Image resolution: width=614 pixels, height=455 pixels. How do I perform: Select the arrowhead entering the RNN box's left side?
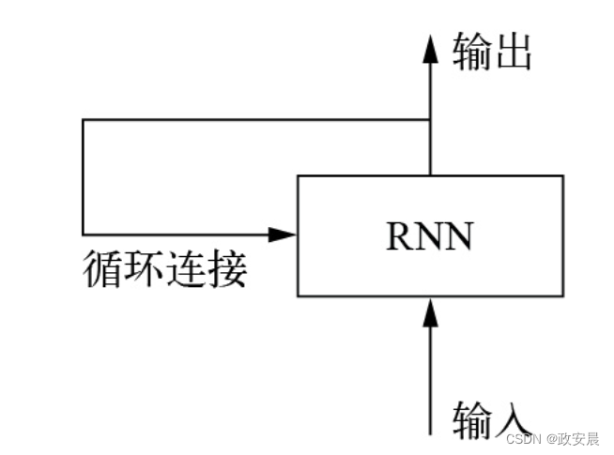tap(283, 234)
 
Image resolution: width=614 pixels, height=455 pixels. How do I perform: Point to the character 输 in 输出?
tap(472, 53)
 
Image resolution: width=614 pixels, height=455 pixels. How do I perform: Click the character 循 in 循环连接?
tap(103, 269)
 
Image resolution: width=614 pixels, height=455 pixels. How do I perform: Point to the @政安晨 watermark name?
tap(573, 438)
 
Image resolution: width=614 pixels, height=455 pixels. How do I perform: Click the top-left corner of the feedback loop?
tap(84, 120)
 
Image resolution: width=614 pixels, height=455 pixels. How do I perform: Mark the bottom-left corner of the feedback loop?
tap(84, 234)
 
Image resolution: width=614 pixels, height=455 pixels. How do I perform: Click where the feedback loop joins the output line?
tap(431, 120)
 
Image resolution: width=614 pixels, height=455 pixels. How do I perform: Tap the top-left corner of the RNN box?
tap(299, 175)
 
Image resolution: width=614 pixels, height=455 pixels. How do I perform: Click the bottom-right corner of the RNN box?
tap(563, 296)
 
